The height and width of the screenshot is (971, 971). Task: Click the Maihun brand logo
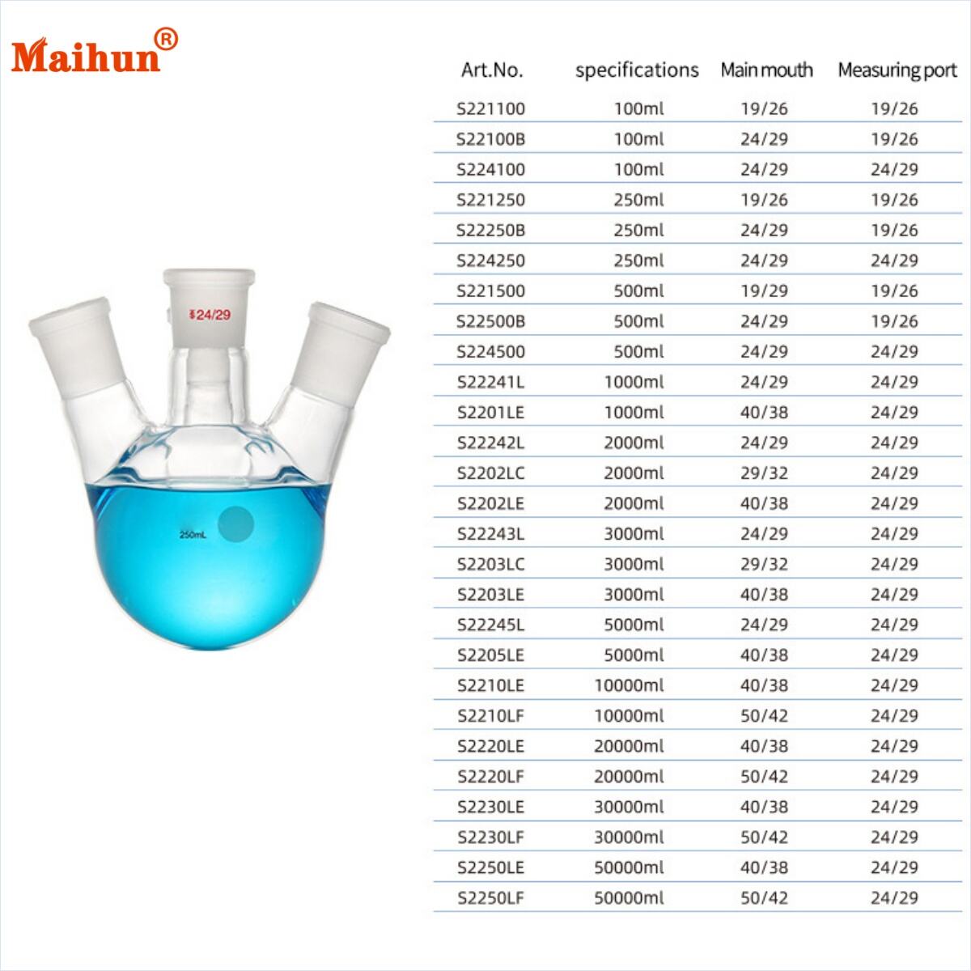tap(86, 55)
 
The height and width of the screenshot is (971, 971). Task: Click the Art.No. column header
tap(492, 70)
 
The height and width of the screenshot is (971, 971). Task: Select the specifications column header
tap(637, 70)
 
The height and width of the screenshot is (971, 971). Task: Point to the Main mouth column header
tap(766, 70)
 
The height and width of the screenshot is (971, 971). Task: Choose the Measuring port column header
tap(897, 70)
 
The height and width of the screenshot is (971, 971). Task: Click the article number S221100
tap(491, 108)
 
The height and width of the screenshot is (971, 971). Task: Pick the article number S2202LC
tap(491, 473)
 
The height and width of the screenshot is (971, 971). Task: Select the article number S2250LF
tap(491, 897)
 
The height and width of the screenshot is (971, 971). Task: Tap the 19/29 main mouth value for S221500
tap(764, 290)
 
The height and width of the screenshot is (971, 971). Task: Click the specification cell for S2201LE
tap(634, 412)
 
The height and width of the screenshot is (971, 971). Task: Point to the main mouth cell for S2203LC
tap(764, 564)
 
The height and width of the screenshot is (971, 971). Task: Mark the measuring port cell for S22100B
tap(894, 139)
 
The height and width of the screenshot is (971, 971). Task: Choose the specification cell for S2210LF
tap(629, 715)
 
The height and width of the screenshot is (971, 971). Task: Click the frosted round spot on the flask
tap(236, 524)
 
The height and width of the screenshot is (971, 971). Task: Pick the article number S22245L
tap(491, 625)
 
